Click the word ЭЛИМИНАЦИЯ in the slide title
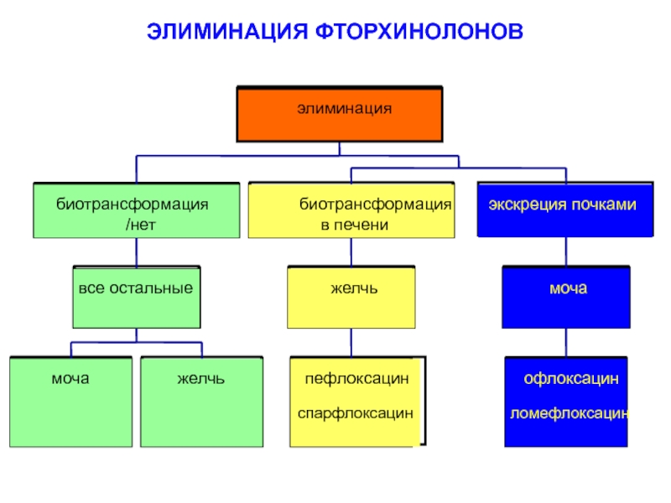tap(226, 32)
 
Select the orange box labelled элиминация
tap(340, 114)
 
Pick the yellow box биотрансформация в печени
tap(351, 210)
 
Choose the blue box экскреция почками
tap(564, 210)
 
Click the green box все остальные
tap(136, 298)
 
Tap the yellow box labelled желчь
tap(351, 298)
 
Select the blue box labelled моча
tap(565, 298)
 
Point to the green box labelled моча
tap(71, 402)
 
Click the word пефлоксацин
tap(356, 380)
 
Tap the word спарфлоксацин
tap(356, 413)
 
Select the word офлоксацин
tap(571, 380)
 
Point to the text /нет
tap(139, 225)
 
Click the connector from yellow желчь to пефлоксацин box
tap(351, 343)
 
